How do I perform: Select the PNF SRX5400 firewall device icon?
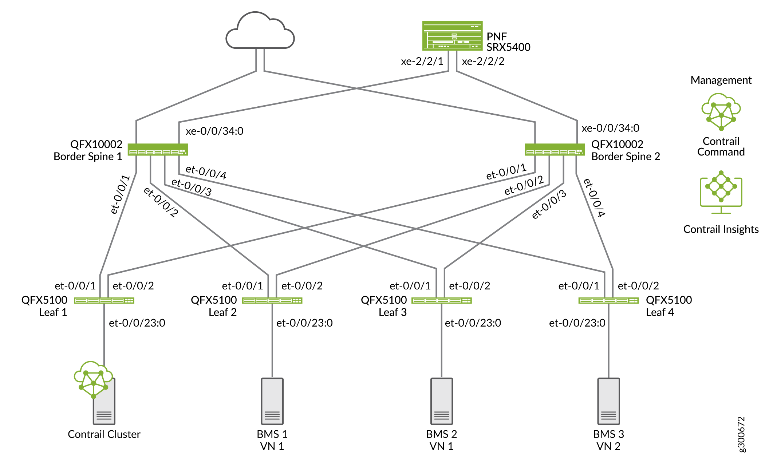point(452,36)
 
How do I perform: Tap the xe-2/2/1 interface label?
point(422,62)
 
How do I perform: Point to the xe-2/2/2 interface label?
point(483,62)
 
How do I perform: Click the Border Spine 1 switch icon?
point(158,150)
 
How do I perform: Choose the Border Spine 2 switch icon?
point(555,150)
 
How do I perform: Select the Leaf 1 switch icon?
point(104,300)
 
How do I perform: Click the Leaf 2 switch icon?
point(272,300)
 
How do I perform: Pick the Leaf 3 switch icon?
point(441,300)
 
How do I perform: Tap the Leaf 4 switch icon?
point(608,300)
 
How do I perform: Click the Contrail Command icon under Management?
point(721,111)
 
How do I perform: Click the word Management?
point(721,80)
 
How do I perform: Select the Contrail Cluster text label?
point(104,434)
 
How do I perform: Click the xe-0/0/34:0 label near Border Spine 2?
point(610,128)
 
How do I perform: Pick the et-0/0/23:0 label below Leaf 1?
point(137,323)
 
